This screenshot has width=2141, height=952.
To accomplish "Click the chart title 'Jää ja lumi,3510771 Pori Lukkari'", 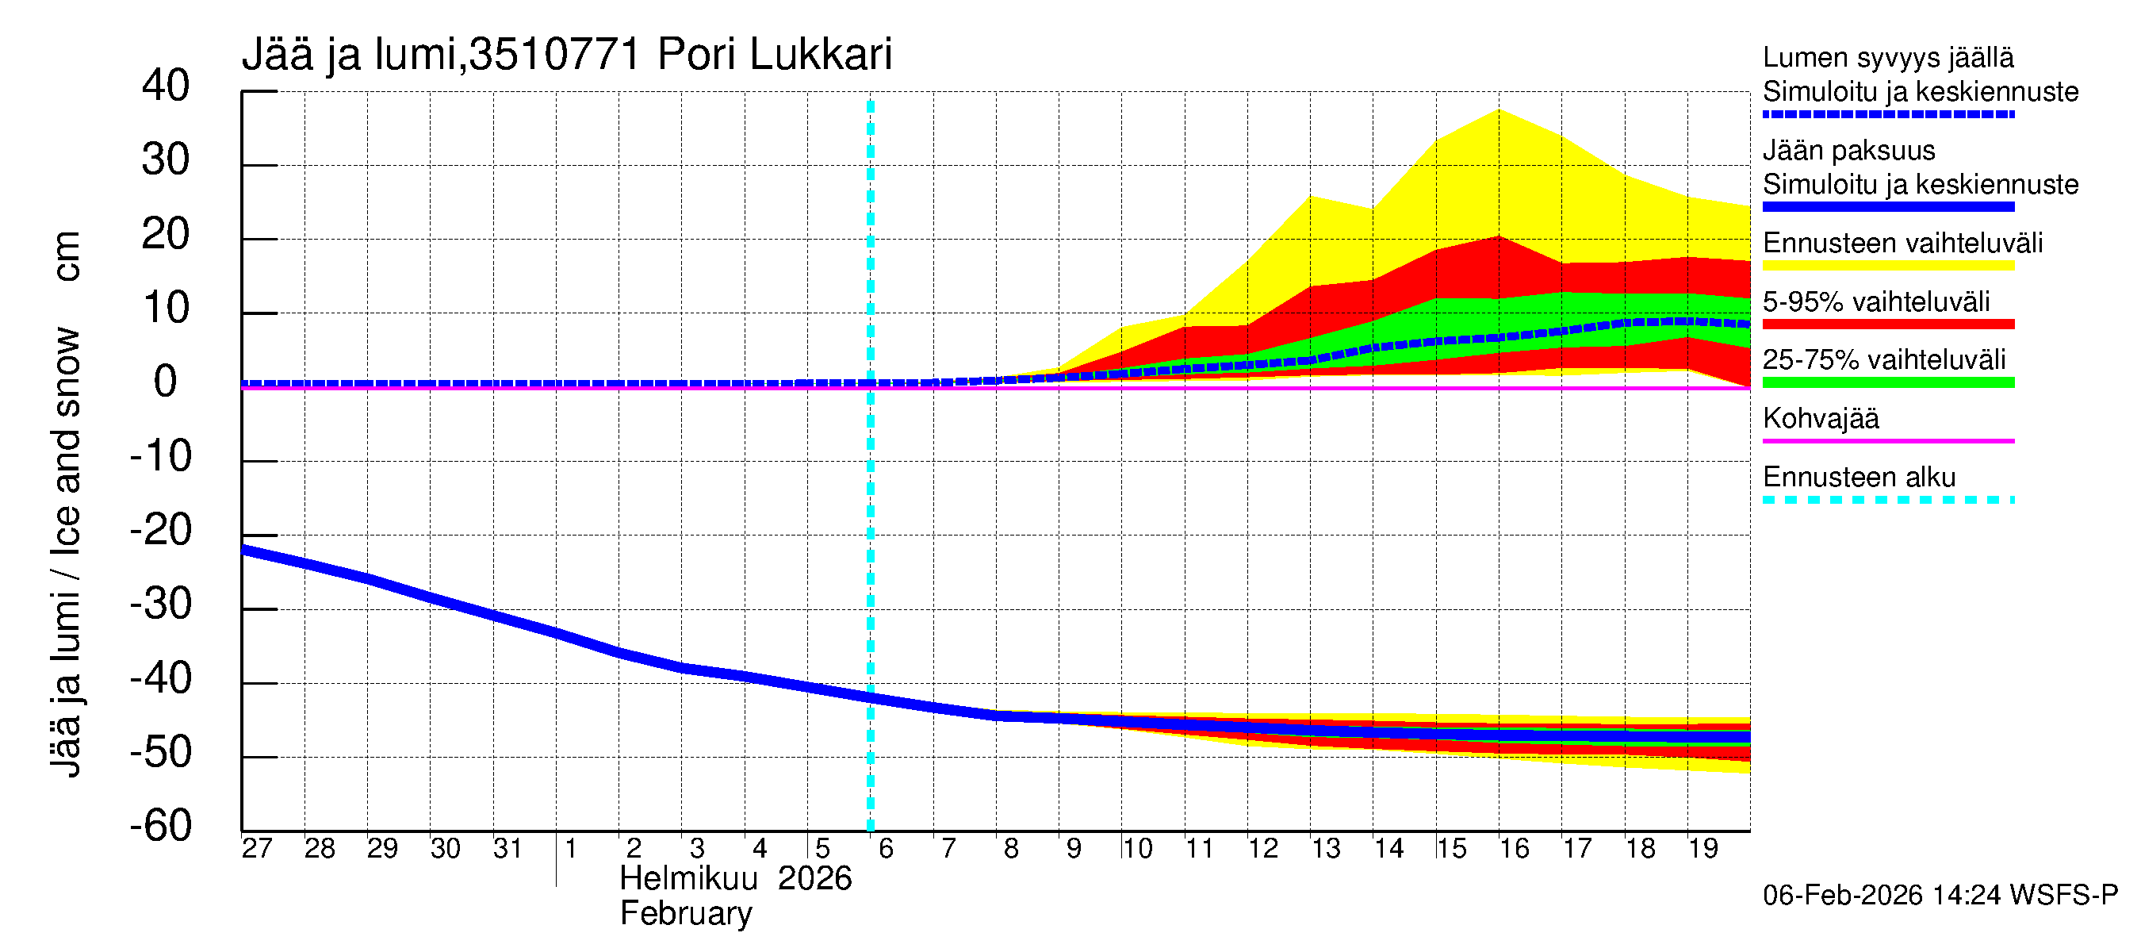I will pyautogui.click(x=567, y=55).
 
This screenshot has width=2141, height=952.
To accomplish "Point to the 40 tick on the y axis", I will pyautogui.click(x=167, y=86).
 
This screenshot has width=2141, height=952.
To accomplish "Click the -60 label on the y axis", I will pyautogui.click(x=161, y=826).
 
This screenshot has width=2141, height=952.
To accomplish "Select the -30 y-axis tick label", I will pyautogui.click(x=161, y=604).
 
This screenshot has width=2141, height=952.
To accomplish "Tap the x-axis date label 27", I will pyautogui.click(x=257, y=848).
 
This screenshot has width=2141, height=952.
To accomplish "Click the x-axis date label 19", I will pyautogui.click(x=1703, y=848).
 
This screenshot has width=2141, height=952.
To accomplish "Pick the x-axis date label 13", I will pyautogui.click(x=1326, y=848).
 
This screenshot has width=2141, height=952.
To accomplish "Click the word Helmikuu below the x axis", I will pyautogui.click(x=688, y=879).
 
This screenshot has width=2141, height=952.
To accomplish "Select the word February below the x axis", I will pyautogui.click(x=686, y=914).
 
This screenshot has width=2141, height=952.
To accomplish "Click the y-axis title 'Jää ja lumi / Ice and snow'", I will pyautogui.click(x=67, y=552).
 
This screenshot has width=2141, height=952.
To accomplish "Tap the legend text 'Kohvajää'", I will pyautogui.click(x=1820, y=418).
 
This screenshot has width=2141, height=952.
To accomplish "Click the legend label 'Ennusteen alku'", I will pyautogui.click(x=1859, y=478).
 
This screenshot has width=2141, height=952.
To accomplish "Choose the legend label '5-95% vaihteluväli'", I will pyautogui.click(x=1876, y=301).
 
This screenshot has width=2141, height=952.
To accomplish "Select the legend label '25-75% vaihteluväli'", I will pyautogui.click(x=1883, y=359).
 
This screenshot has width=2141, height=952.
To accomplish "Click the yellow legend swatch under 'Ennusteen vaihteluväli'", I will pyautogui.click(x=1887, y=266).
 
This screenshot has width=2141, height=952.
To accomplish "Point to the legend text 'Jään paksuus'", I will pyautogui.click(x=1848, y=151).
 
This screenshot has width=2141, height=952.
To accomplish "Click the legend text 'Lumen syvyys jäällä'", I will pyautogui.click(x=1887, y=57).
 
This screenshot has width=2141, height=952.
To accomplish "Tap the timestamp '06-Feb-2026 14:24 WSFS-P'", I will pyautogui.click(x=1940, y=895).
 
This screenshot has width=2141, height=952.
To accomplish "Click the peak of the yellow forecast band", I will pyautogui.click(x=1499, y=111).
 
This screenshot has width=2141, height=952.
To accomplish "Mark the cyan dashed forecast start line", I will pyautogui.click(x=870, y=499).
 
